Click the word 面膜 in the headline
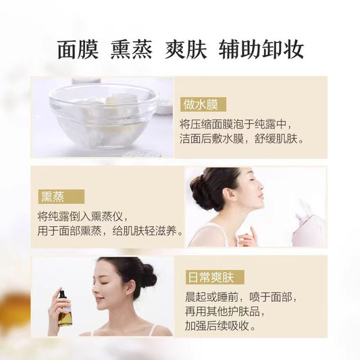point(78,49)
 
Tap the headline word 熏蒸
point(131,49)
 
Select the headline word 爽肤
point(186,49)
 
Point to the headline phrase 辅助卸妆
point(261,49)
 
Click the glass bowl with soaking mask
point(103,116)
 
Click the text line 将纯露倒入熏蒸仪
point(80,216)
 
